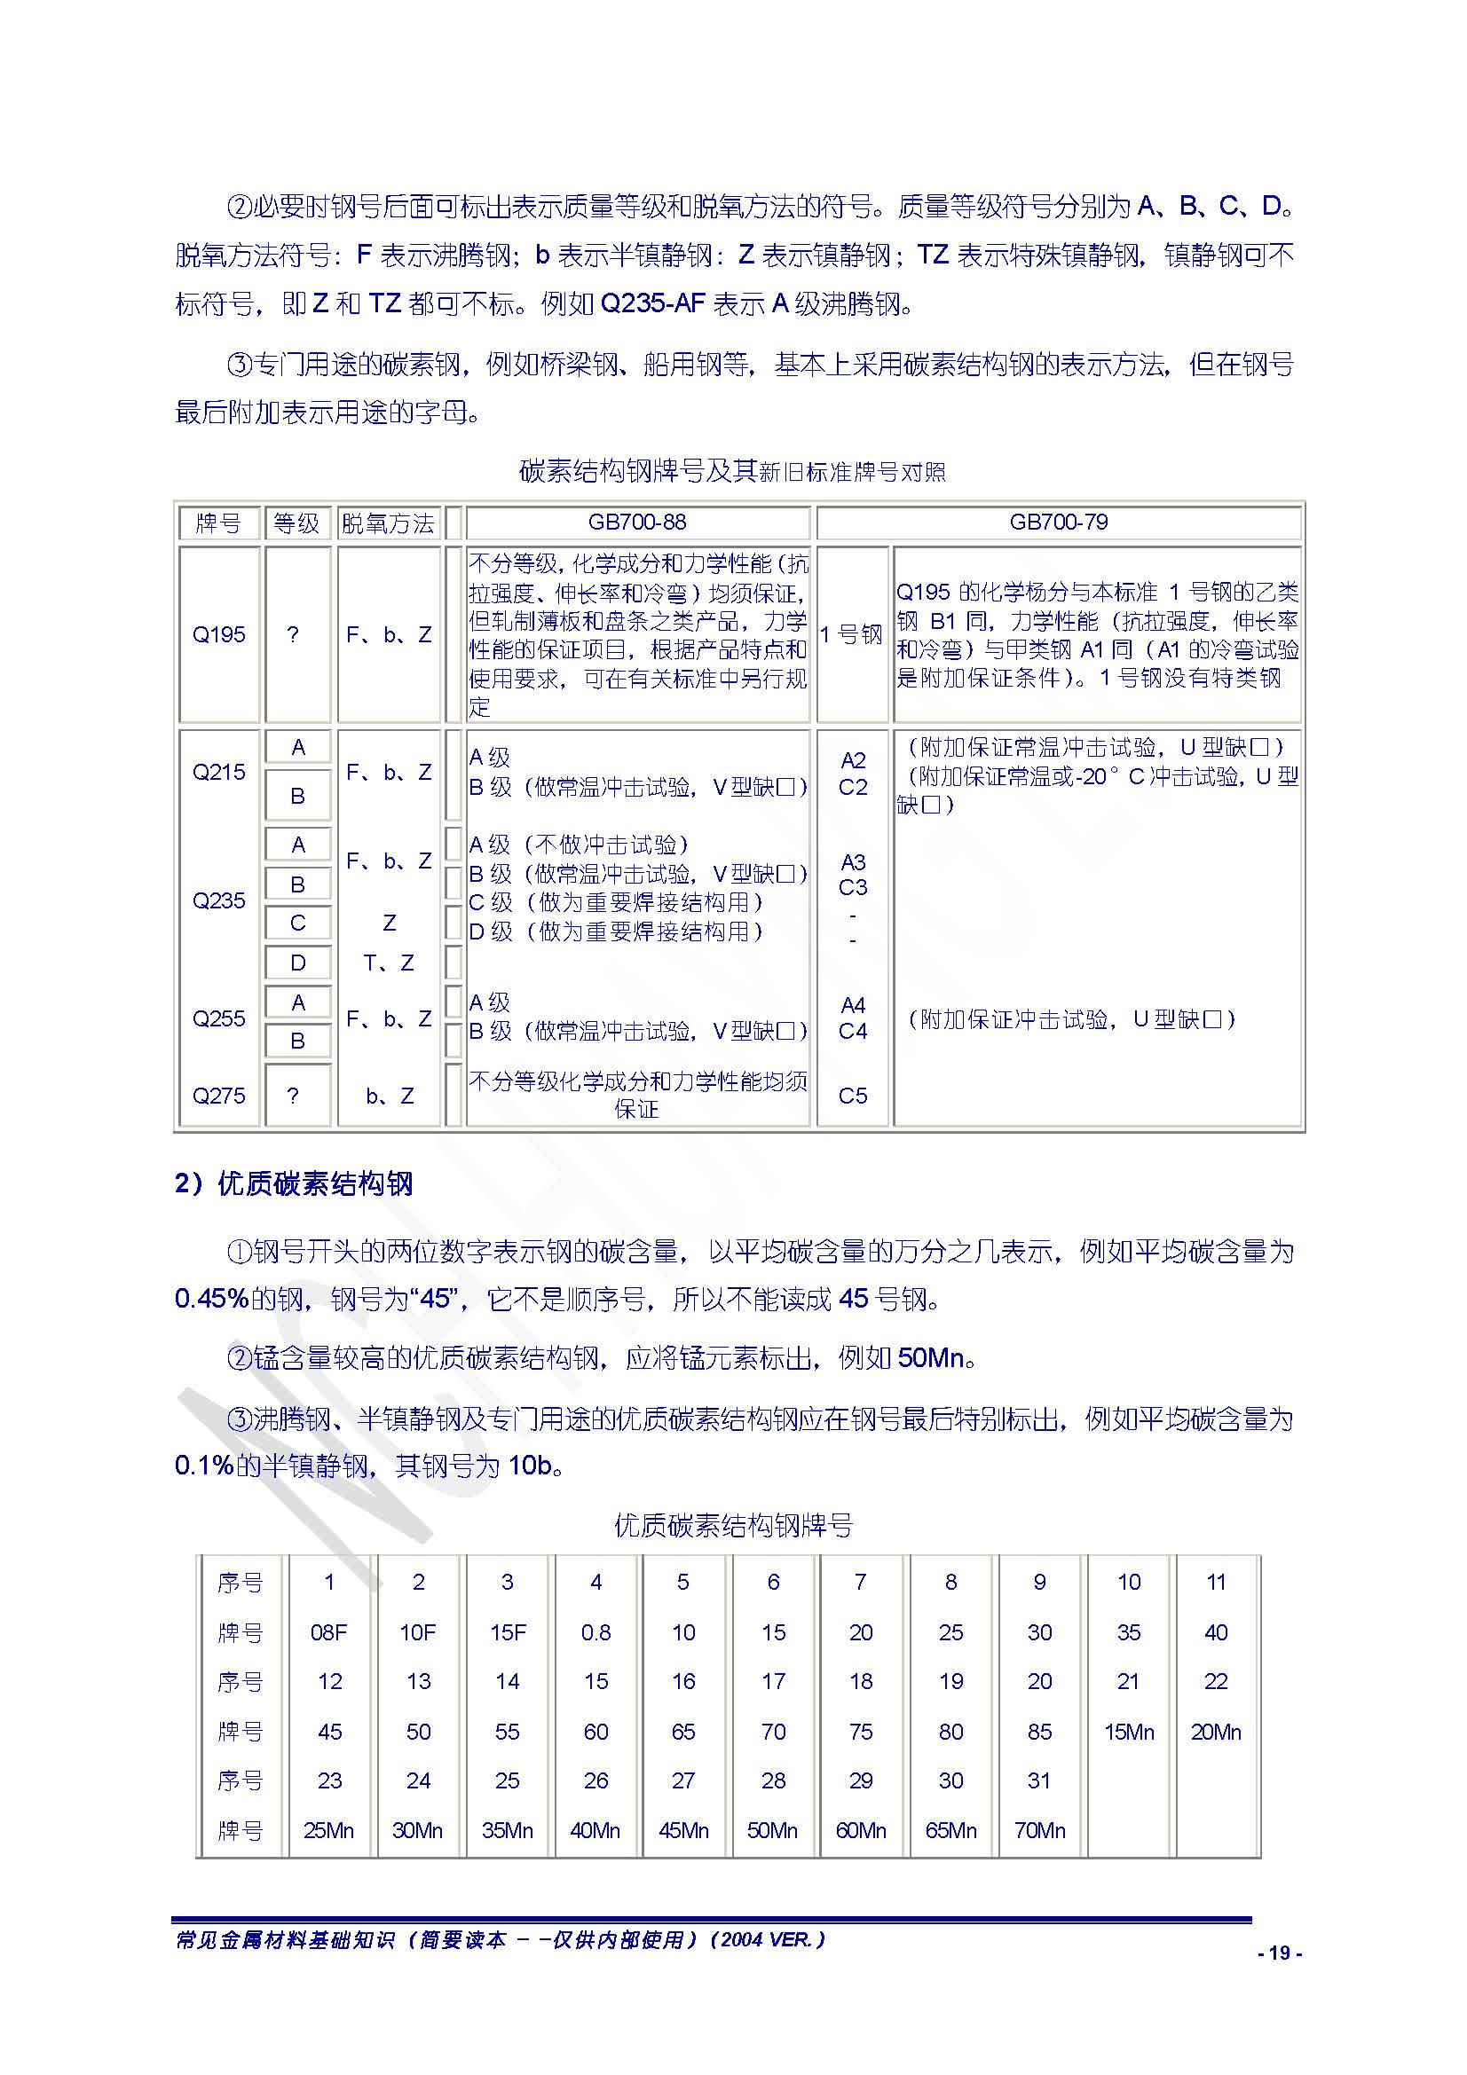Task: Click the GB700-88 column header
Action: (636, 523)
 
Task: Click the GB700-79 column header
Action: (1059, 523)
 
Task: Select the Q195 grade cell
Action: (218, 634)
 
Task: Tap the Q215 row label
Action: (218, 772)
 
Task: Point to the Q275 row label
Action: (218, 1096)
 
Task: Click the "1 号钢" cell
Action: (851, 634)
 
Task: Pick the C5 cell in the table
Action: (852, 1096)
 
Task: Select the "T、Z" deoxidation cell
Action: (389, 963)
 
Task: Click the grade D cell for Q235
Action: (297, 963)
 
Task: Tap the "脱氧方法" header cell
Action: (388, 523)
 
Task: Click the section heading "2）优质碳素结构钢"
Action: (294, 1184)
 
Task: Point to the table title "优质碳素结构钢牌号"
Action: (733, 1526)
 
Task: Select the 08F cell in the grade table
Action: (329, 1632)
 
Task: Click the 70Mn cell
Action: (1039, 1830)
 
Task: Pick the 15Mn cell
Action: (1129, 1732)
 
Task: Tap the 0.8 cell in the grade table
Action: (595, 1632)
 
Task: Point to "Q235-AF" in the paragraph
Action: (651, 303)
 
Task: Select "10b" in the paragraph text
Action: (531, 1465)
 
